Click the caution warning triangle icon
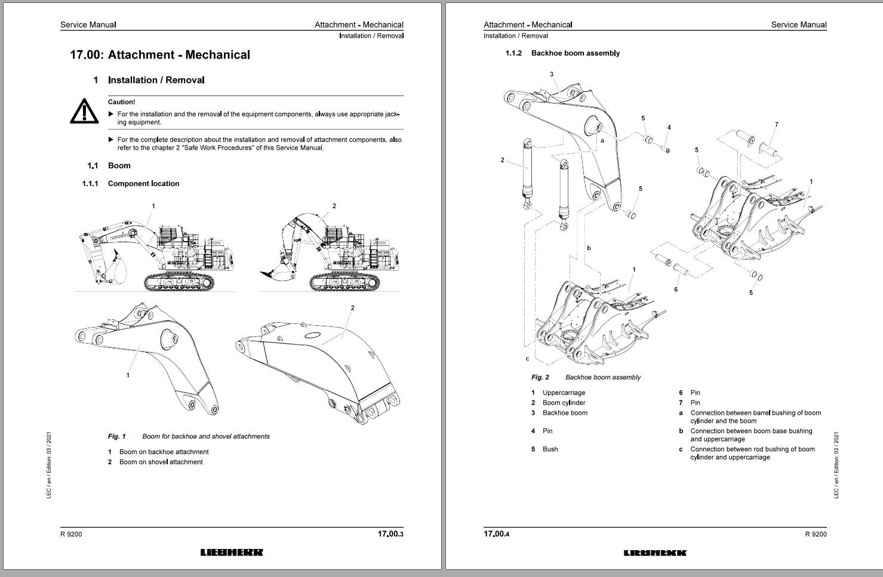84,112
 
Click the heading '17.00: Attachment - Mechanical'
160,55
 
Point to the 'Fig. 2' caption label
540,378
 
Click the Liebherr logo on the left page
232,553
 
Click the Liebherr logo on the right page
655,553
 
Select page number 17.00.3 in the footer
390,534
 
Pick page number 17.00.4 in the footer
496,534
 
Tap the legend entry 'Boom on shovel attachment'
161,462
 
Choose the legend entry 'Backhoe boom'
565,413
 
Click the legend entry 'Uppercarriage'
564,393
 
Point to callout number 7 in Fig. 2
776,125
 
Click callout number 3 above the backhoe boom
552,75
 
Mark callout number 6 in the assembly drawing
676,290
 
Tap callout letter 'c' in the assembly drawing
527,359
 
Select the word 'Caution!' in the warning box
121,102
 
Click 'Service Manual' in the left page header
88,25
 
